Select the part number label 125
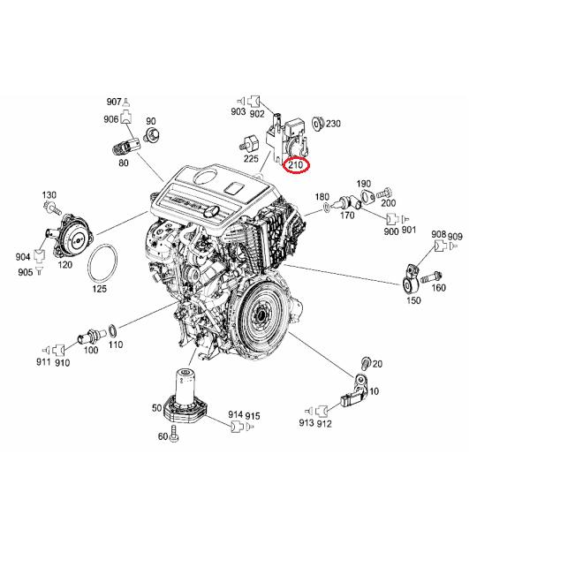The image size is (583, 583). tap(100, 288)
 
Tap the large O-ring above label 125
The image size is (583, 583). tap(105, 261)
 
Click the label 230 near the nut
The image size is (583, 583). tap(333, 124)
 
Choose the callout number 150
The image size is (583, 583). tap(413, 301)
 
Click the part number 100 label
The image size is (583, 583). tap(90, 351)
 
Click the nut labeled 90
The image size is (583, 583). tap(151, 136)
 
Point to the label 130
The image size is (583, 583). tap(49, 194)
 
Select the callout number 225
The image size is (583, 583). tap(251, 159)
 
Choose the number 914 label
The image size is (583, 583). tap(235, 414)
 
